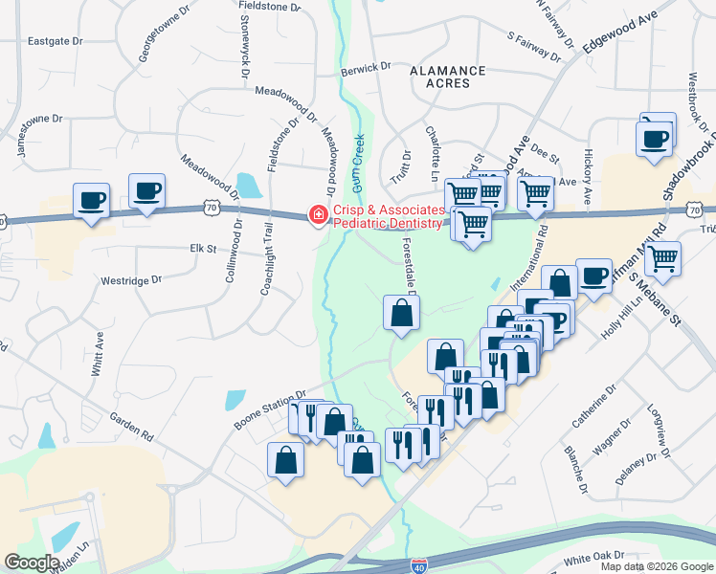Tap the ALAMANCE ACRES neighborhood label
[x=447, y=77]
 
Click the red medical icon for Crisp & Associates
[x=315, y=217]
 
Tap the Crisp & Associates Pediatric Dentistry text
[x=388, y=217]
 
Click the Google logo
[x=32, y=563]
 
